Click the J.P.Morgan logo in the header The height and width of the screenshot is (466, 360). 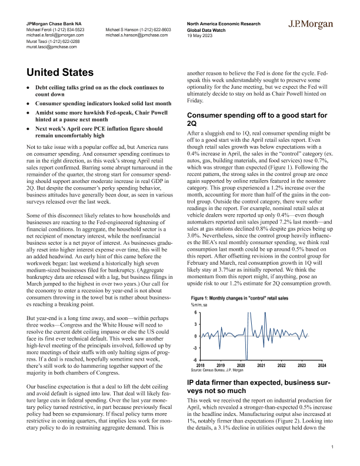(312, 24)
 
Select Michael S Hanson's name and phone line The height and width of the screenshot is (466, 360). (138, 29)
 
